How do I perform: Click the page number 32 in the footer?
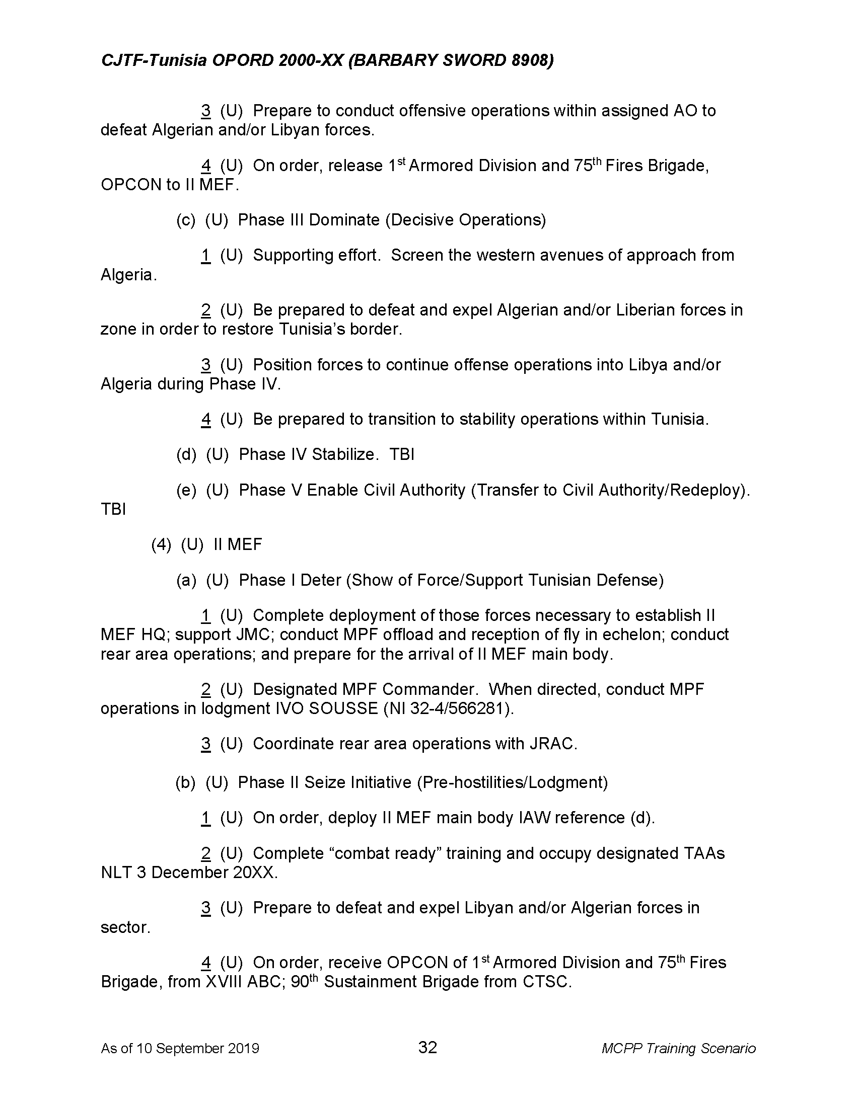tap(427, 1047)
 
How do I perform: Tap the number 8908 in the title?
tap(530, 60)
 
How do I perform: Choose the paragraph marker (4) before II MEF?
tap(161, 544)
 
